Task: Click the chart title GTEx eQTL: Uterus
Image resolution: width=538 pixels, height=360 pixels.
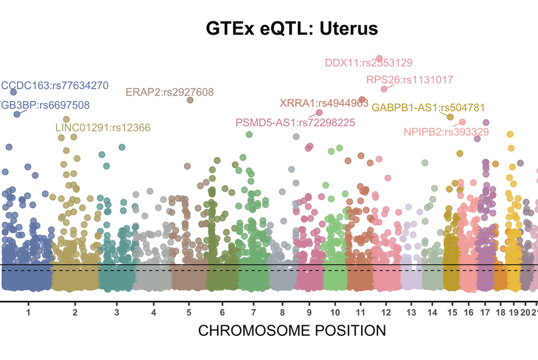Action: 292,29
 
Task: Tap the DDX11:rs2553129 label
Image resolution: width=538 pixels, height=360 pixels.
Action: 368,63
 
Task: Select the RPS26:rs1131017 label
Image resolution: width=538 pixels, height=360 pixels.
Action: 410,80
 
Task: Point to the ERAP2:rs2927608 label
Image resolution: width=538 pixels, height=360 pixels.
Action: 170,92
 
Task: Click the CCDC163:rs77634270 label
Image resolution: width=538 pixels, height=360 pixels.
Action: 55,86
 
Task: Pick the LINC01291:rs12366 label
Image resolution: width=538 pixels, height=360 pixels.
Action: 103,128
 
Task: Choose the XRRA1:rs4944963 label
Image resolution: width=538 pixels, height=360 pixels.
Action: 324,103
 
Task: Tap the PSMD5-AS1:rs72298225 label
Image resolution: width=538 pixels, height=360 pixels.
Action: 295,122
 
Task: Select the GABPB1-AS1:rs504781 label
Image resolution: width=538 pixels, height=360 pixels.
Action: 428,108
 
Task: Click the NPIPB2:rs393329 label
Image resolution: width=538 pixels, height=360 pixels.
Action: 446,132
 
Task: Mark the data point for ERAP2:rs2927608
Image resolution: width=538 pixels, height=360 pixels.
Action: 190,100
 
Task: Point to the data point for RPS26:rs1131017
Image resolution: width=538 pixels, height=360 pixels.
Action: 384,89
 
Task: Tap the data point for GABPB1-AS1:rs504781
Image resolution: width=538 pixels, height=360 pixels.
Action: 450,117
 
